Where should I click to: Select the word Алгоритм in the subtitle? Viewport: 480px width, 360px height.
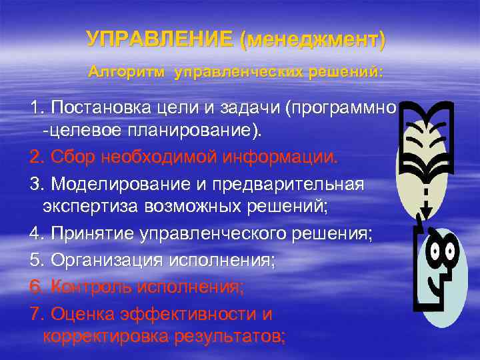(126, 71)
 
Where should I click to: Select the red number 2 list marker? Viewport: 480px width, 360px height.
(35, 158)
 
